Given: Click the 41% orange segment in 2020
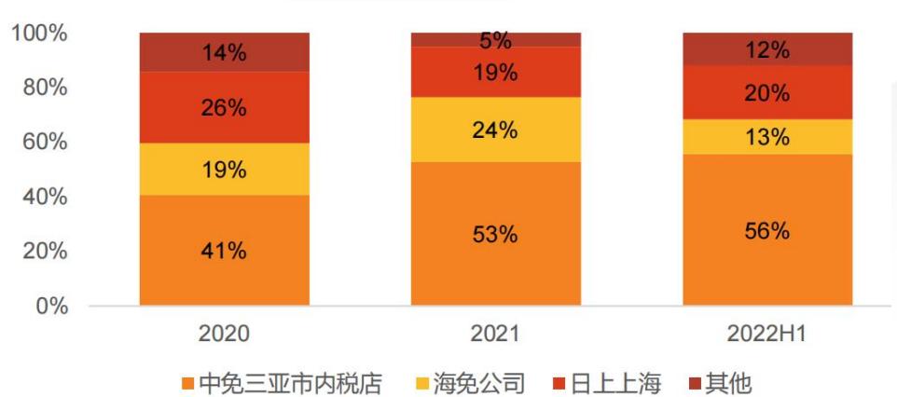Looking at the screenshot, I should point(224,250).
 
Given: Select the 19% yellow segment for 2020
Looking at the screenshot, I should point(224,169).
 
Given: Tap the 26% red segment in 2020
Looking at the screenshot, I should point(224,107).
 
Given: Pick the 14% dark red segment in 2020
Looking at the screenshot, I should point(224,52).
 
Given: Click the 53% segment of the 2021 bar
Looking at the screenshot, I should point(495,234).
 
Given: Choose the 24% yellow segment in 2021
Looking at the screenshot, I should point(495,130).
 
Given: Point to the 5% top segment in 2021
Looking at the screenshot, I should point(495,39).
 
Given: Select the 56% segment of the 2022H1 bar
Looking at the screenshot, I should point(766,230).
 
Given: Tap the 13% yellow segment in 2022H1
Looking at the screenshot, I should point(766,137).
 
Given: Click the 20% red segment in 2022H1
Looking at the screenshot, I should point(766,92).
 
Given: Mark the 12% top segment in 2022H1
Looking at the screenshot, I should point(766,49).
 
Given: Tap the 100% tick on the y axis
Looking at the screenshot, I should point(39,34).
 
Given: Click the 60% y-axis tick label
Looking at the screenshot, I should point(43,143).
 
